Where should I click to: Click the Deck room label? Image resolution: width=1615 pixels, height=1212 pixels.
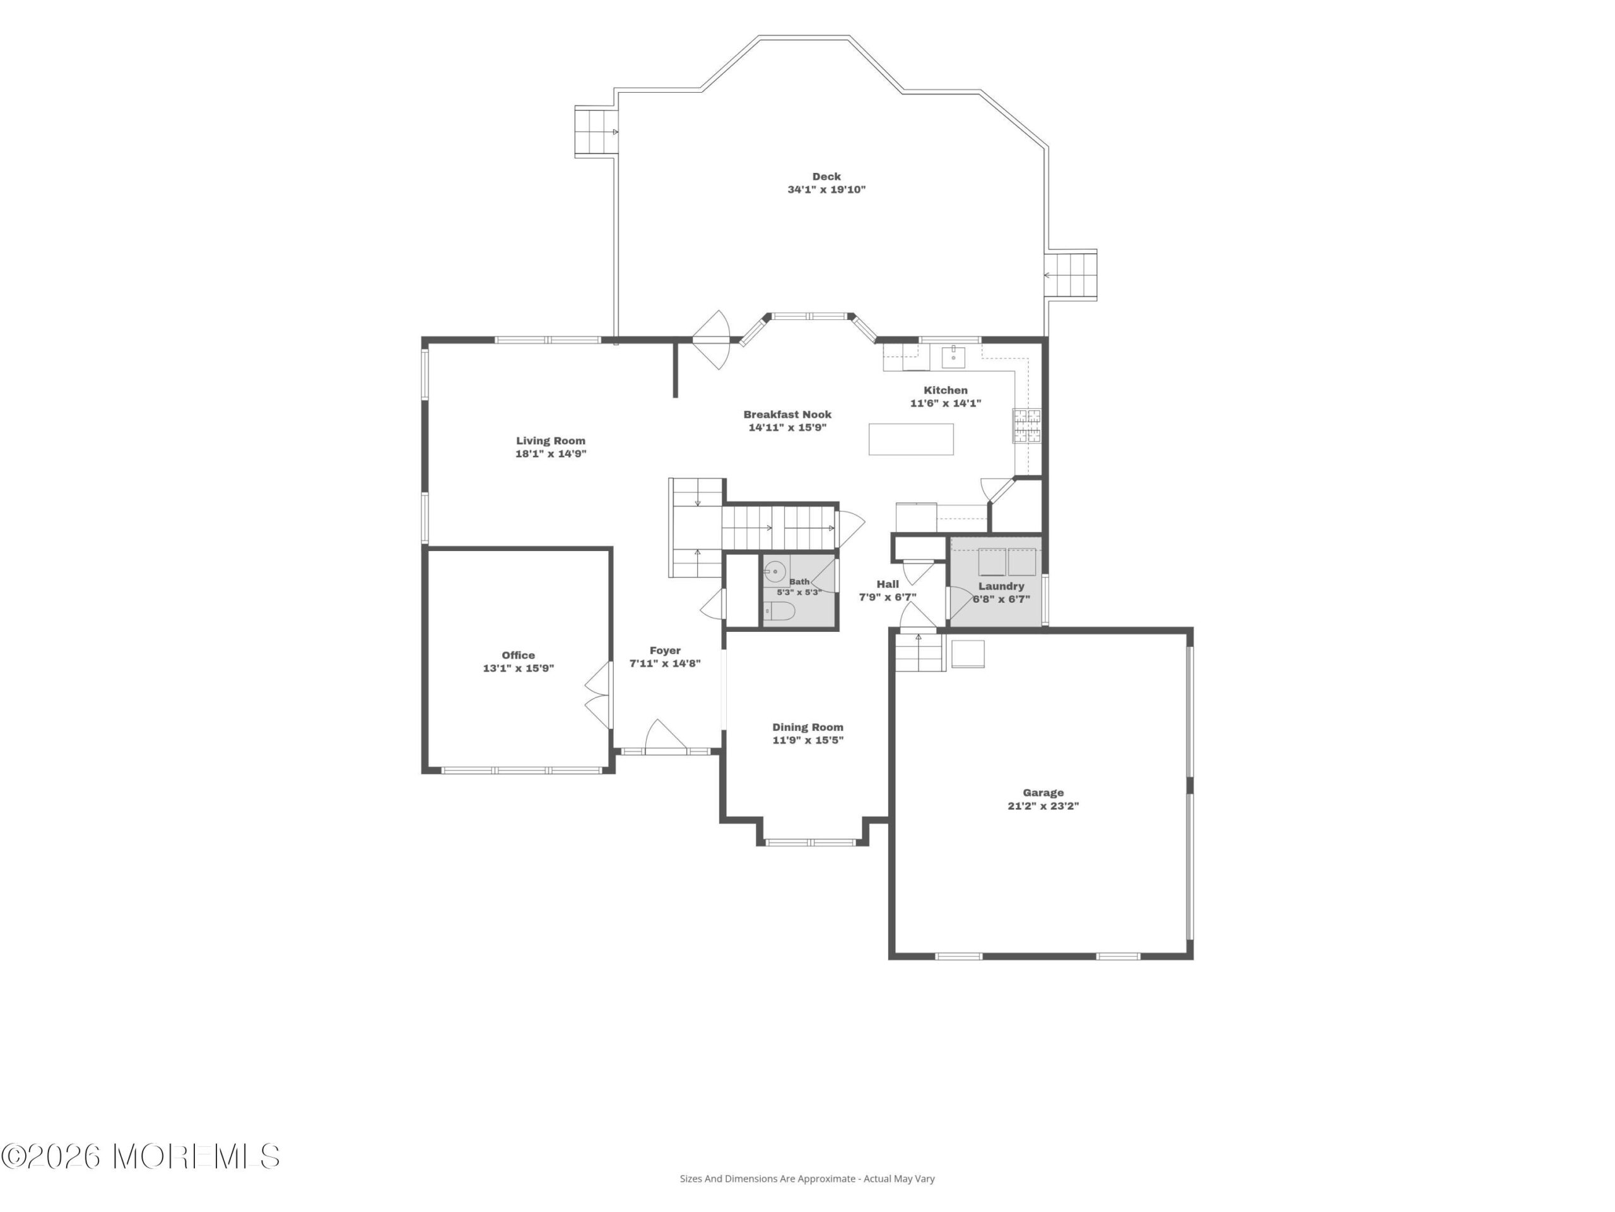(826, 177)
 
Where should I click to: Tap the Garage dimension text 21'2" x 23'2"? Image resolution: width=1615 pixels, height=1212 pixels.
(1043, 806)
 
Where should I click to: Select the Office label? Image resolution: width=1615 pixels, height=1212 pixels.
(519, 655)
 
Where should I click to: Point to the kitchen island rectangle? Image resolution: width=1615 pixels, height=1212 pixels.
(911, 439)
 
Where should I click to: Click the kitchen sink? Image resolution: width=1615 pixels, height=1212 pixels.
(953, 357)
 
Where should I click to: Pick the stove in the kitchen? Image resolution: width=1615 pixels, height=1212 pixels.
(1026, 427)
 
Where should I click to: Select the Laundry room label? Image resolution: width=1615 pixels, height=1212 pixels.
(1001, 586)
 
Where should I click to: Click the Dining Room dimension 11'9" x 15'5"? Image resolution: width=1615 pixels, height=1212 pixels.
(808, 740)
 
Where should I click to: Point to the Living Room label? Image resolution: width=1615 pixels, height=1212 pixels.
(551, 441)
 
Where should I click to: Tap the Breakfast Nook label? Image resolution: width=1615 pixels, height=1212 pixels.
(788, 414)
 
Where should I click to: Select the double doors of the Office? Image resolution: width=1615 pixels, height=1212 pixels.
(599, 695)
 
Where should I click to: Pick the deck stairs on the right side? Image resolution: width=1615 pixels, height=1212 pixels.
(1071, 275)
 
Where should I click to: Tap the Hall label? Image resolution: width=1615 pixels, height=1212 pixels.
(888, 584)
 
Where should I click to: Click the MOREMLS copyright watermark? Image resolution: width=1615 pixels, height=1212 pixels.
(140, 1156)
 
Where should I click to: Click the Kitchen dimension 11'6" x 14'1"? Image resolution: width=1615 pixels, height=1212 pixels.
(946, 403)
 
